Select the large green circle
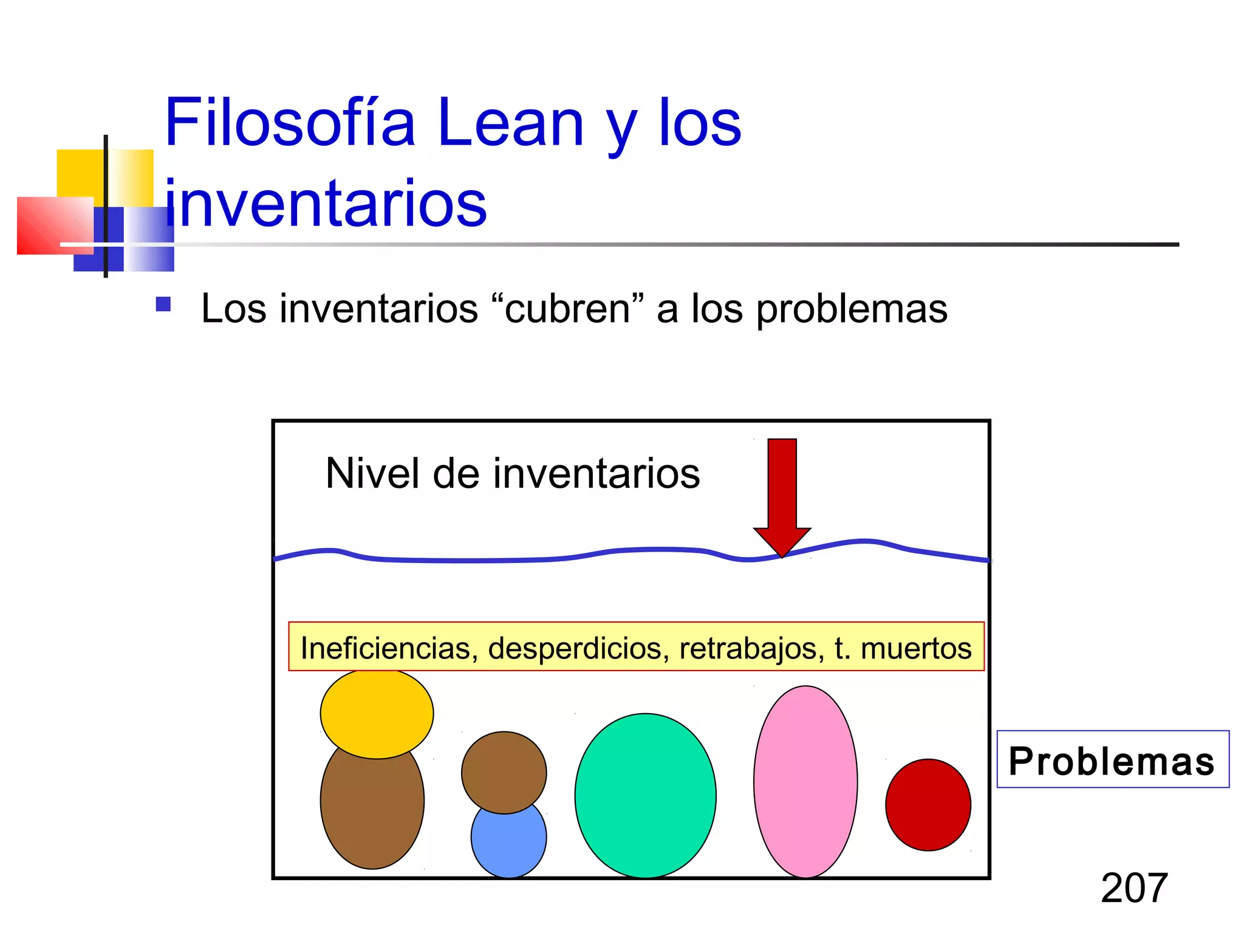pyautogui.click(x=645, y=796)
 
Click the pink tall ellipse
pyautogui.click(x=805, y=782)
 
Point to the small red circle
pyautogui.click(x=928, y=805)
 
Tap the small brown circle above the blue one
pyautogui.click(x=504, y=771)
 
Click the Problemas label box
pyautogui.click(x=1112, y=759)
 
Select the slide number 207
pyautogui.click(x=1134, y=888)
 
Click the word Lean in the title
pyautogui.click(x=510, y=123)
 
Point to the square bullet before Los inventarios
pyautogui.click(x=163, y=304)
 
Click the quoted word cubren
pyautogui.click(x=568, y=309)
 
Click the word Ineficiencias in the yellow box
pyautogui.click(x=386, y=648)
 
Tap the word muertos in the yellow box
pyautogui.click(x=916, y=648)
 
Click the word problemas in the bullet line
pyautogui.click(x=852, y=310)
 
